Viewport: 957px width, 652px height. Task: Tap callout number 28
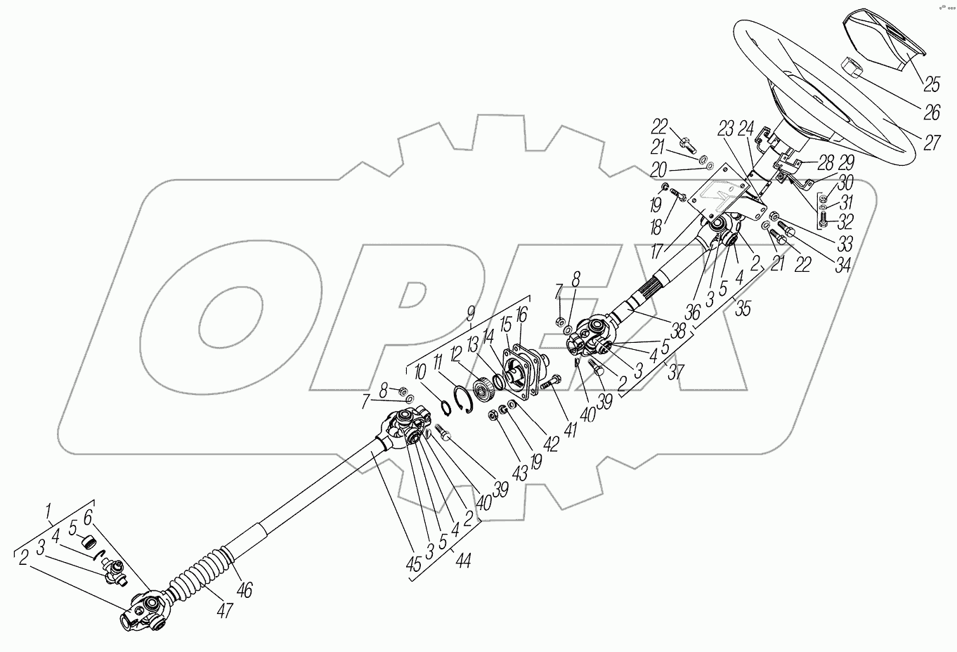[x=826, y=163]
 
